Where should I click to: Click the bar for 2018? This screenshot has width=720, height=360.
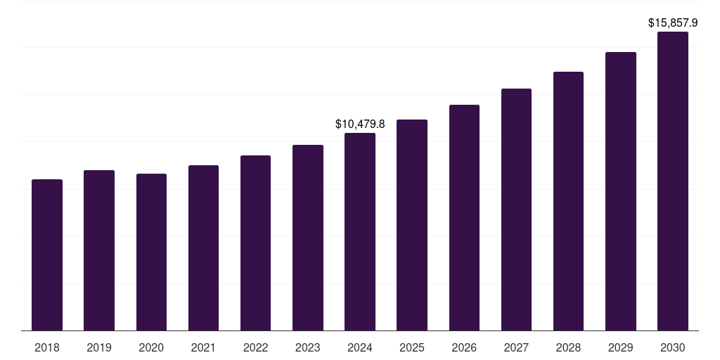(x=47, y=255)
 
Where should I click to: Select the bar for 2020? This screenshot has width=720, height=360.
(x=151, y=252)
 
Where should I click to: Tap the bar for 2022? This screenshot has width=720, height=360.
(x=255, y=243)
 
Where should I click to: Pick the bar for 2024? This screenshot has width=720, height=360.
(x=360, y=231)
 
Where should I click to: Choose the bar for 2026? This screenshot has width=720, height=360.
(x=464, y=217)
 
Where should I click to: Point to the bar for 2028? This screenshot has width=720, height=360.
(x=568, y=201)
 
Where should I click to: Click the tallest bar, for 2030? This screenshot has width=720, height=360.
(x=673, y=181)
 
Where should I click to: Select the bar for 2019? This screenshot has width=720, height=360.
(x=99, y=250)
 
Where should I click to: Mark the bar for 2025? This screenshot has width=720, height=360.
(x=412, y=225)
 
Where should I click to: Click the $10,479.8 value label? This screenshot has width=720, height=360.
(x=360, y=124)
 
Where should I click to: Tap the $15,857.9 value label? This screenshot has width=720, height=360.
(x=673, y=23)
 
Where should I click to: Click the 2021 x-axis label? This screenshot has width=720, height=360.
(x=203, y=347)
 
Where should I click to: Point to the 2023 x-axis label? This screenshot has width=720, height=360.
(x=308, y=347)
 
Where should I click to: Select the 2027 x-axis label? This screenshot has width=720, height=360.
(x=516, y=347)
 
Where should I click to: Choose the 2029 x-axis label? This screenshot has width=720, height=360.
(x=621, y=347)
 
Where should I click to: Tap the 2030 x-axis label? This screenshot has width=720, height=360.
(x=673, y=347)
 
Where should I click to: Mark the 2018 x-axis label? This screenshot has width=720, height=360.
(x=47, y=347)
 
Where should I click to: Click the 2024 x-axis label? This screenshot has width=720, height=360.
(x=360, y=347)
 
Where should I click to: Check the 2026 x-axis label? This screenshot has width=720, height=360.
(x=464, y=347)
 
